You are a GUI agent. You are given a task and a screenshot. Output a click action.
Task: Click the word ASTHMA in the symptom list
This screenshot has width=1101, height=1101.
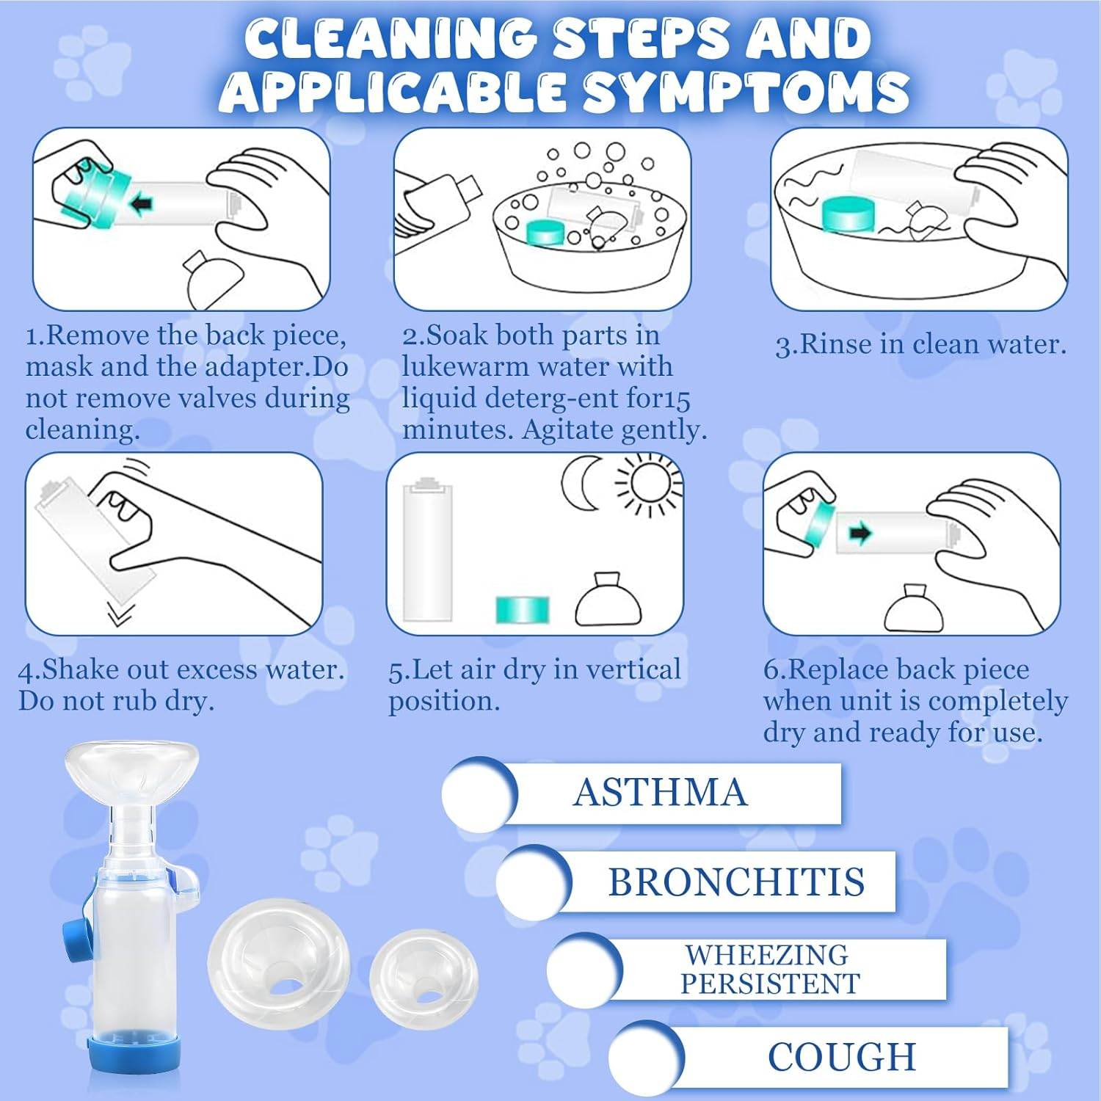(661, 793)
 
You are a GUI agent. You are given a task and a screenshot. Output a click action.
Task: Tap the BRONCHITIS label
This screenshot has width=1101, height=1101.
(736, 882)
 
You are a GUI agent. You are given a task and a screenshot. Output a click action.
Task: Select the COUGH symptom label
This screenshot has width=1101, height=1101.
(842, 1057)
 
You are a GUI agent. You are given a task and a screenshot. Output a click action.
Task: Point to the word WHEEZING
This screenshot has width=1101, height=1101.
(767, 955)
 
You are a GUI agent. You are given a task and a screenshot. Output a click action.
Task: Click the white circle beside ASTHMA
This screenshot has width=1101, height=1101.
(479, 794)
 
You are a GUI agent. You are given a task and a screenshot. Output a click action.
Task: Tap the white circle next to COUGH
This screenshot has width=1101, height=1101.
(645, 1060)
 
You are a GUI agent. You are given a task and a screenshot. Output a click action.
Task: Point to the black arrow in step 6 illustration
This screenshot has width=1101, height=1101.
(860, 533)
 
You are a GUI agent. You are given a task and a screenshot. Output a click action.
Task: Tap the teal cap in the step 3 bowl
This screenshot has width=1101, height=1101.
(849, 214)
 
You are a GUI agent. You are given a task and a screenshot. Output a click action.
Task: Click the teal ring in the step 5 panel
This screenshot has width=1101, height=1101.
(523, 610)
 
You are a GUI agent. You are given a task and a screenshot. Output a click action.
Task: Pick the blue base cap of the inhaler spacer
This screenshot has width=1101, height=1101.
(134, 1051)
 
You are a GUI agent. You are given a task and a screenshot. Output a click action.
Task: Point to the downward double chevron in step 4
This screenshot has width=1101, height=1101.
(120, 614)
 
